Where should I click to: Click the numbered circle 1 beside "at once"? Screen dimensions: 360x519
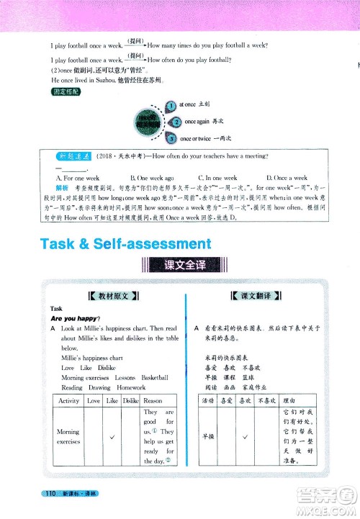170,105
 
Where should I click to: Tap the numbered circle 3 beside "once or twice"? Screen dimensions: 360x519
173,138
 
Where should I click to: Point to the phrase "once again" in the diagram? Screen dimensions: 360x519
199,122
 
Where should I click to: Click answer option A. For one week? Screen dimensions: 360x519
78,178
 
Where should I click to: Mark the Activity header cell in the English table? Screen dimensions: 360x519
69,400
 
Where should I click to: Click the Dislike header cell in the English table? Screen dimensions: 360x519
130,400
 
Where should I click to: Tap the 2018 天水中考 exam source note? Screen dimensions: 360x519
120,156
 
